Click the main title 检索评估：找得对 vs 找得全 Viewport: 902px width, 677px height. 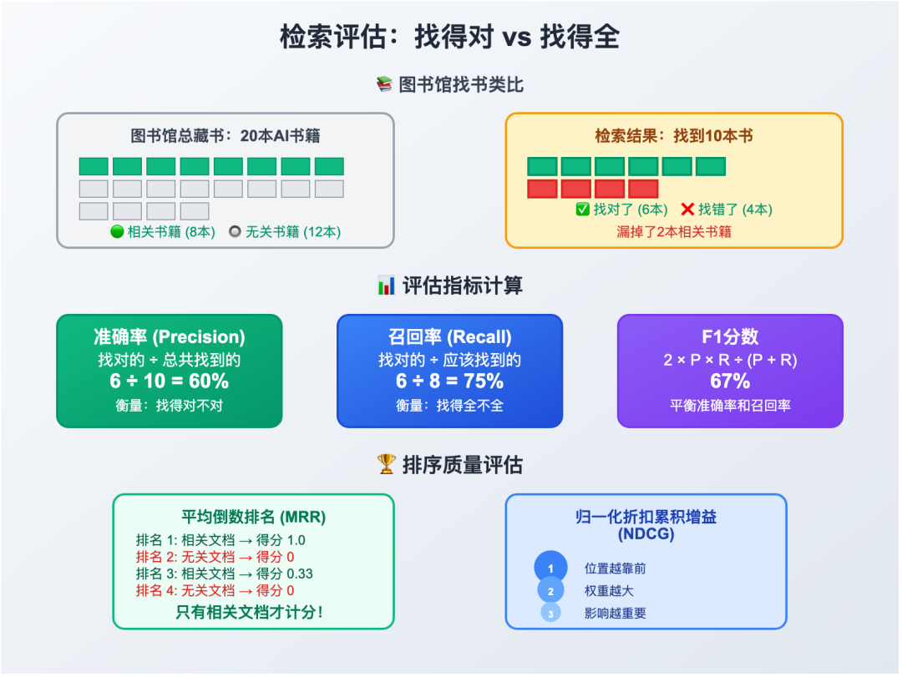click(450, 38)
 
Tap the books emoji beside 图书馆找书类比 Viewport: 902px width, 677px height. click(384, 85)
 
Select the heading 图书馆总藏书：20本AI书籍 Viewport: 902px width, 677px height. click(225, 136)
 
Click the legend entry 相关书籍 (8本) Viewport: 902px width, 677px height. click(167, 231)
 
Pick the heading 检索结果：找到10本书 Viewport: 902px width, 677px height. click(674, 136)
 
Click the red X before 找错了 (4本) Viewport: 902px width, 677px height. click(687, 210)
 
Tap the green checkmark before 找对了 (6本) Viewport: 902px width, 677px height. click(583, 210)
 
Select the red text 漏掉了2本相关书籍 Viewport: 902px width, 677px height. click(674, 231)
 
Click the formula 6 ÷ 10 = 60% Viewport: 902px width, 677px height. click(170, 381)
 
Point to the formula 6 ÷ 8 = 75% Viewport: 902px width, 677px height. click(449, 381)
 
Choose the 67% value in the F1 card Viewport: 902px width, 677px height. click(730, 381)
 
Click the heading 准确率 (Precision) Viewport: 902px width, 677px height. click(170, 336)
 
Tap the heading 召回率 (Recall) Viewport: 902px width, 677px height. click(449, 336)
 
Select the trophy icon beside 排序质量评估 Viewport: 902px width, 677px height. click(386, 465)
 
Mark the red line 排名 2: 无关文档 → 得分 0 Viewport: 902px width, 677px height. click(215, 557)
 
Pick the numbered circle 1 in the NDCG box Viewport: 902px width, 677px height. click(550, 568)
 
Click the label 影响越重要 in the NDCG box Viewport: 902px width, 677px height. click(615, 613)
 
